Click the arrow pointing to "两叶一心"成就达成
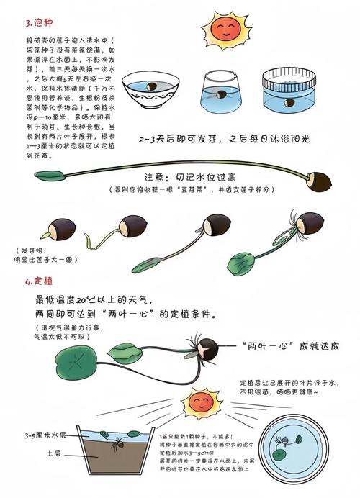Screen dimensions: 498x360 pos(230,346)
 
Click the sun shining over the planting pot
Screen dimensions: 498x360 pos(202,403)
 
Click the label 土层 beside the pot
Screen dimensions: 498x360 pos(54,454)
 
